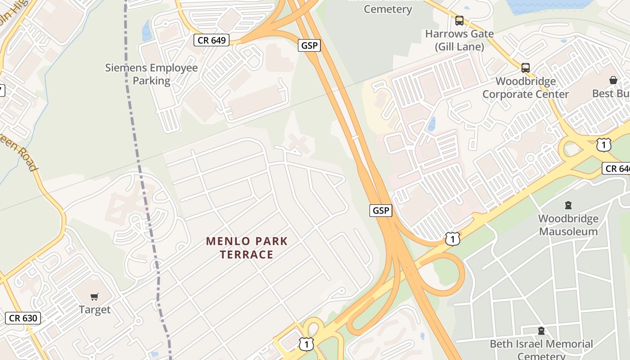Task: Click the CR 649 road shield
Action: click(x=211, y=40)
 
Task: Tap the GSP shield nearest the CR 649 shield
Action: click(x=309, y=45)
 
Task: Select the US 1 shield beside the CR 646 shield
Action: click(x=603, y=145)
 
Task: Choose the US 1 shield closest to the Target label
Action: click(x=306, y=344)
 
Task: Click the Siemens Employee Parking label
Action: click(x=152, y=74)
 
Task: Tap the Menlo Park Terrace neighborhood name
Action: click(x=247, y=247)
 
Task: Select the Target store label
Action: click(x=94, y=310)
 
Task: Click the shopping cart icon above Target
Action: click(x=94, y=297)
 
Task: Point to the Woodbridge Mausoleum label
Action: click(x=568, y=225)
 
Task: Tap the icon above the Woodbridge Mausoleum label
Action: click(x=568, y=206)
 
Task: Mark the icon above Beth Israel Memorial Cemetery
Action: click(x=541, y=331)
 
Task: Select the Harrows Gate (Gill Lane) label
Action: click(x=459, y=40)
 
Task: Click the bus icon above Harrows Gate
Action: click(x=459, y=21)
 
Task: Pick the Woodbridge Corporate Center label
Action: click(x=526, y=88)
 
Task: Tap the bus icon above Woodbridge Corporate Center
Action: click(x=526, y=68)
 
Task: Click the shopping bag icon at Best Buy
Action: click(x=613, y=80)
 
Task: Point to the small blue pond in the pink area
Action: click(x=432, y=124)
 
